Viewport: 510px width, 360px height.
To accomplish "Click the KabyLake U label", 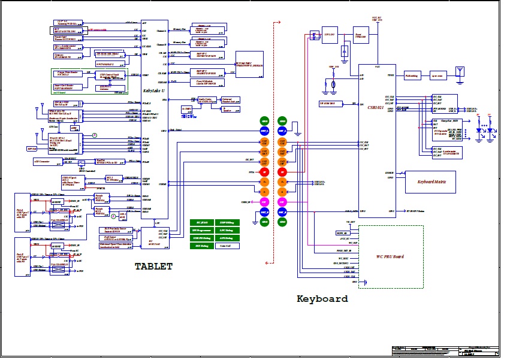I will (150, 90).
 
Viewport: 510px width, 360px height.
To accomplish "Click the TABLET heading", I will (153, 266).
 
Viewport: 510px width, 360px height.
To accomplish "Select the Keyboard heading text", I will (322, 298).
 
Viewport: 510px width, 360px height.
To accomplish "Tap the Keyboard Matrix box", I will (430, 181).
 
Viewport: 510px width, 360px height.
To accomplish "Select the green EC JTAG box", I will (202, 222).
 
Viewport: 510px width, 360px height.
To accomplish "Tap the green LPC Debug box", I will (227, 230).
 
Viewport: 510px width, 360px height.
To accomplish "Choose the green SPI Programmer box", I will (202, 230).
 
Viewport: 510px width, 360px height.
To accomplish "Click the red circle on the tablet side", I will (264, 172).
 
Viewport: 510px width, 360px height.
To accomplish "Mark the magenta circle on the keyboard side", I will (282, 202).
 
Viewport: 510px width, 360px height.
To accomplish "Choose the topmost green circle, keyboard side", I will (282, 121).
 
